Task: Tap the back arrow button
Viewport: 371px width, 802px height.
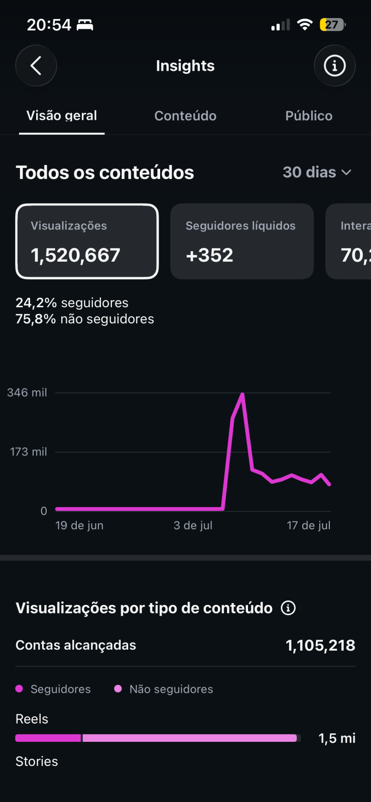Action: tap(36, 66)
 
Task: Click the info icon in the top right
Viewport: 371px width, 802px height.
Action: tap(334, 66)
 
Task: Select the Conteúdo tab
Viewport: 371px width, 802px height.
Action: tap(185, 116)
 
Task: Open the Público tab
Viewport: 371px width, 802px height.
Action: tap(309, 116)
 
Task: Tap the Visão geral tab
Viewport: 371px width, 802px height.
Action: tap(62, 116)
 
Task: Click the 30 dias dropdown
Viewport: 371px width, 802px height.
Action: tap(317, 172)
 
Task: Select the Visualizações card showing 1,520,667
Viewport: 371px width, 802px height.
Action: tap(87, 241)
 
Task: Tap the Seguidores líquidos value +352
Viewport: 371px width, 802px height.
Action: tap(209, 255)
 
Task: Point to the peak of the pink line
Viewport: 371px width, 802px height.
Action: tap(242, 394)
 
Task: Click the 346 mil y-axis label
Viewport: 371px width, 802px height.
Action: tap(27, 392)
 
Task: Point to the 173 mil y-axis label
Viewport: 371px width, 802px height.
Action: tap(29, 452)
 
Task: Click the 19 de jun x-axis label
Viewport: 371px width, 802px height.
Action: tap(79, 525)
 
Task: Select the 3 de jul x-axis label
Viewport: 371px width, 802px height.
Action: tap(193, 525)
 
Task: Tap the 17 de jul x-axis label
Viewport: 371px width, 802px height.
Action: tap(309, 525)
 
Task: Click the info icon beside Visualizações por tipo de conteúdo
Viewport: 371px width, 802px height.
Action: tap(288, 608)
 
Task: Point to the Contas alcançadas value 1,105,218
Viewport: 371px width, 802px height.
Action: tap(320, 646)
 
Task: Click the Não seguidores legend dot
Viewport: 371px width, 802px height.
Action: tap(118, 689)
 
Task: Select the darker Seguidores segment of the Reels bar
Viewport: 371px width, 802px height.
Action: tap(48, 738)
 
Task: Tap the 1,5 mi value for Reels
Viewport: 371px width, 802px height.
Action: tap(337, 738)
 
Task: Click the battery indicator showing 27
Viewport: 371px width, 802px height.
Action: tap(332, 25)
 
